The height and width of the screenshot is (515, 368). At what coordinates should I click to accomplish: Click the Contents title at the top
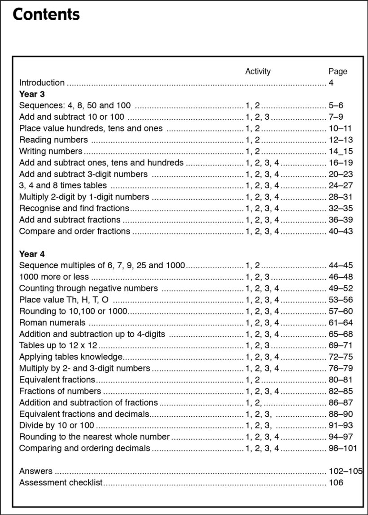tap(46, 14)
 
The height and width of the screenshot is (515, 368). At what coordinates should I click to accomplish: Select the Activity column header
tap(258, 71)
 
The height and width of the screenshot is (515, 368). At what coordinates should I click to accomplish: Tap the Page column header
tap(337, 71)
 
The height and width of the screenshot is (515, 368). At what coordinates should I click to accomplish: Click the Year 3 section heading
tap(32, 94)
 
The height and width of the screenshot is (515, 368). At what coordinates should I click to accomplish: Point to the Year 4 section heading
tap(32, 254)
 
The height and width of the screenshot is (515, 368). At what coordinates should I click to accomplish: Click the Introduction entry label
tap(42, 83)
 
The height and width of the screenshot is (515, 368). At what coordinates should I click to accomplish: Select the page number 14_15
tap(341, 151)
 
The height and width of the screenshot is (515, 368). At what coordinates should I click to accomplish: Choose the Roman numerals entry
tap(52, 323)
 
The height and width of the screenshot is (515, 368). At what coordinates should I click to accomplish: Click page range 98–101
tap(343, 448)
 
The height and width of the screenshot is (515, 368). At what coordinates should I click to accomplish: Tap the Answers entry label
tap(36, 471)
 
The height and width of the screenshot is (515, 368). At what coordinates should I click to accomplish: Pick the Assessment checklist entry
tap(61, 483)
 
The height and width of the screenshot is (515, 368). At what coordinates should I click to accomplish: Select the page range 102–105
tap(345, 471)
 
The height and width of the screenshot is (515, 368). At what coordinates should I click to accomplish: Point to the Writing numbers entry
tap(51, 151)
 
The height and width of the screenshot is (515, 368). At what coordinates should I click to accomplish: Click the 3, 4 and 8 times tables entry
tap(63, 185)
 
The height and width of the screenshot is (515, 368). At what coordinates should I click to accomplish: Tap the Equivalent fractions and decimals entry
tap(84, 414)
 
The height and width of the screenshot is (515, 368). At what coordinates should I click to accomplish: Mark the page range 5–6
tap(336, 105)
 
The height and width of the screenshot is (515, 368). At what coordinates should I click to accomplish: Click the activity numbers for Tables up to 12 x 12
tap(258, 345)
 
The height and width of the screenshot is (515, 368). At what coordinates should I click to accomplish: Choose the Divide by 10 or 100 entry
tap(57, 425)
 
